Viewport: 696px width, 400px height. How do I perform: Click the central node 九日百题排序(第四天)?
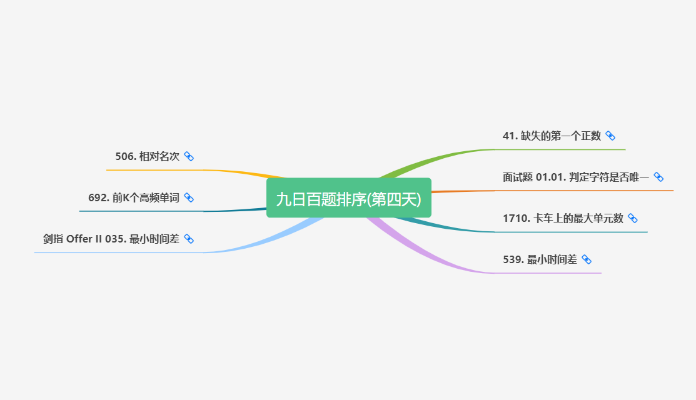(348, 198)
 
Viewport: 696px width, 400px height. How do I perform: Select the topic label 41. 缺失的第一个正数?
(552, 136)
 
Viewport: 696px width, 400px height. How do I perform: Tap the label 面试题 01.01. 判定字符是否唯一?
(576, 177)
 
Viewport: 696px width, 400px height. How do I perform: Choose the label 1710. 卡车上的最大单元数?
(563, 218)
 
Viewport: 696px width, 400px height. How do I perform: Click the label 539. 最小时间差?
(540, 259)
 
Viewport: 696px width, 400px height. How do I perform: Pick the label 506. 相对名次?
(148, 156)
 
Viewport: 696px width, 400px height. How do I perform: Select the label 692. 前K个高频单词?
(134, 197)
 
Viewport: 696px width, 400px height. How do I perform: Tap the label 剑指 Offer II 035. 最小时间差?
(111, 239)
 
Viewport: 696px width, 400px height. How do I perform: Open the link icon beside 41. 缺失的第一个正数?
(610, 136)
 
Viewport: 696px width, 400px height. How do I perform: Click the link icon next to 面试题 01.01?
(658, 177)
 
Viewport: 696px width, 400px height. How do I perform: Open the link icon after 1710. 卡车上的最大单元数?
(632, 218)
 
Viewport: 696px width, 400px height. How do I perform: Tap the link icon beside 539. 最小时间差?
(587, 259)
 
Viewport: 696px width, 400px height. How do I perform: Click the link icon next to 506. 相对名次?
(189, 156)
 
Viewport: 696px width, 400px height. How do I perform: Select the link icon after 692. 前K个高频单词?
(189, 197)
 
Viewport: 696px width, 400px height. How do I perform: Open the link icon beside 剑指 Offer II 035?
(189, 239)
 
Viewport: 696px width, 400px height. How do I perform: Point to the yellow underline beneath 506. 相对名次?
(156, 169)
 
